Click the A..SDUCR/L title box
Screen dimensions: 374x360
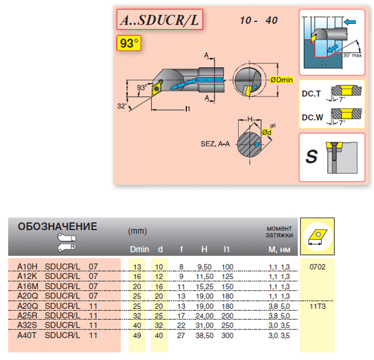click(160, 20)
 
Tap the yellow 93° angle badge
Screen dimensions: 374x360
click(129, 43)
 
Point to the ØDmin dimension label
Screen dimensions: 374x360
click(281, 80)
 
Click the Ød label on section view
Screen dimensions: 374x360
click(266, 132)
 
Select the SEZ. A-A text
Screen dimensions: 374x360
click(215, 144)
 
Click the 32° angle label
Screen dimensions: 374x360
click(122, 106)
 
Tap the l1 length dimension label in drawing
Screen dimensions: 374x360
click(188, 109)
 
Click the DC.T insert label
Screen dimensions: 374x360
click(311, 94)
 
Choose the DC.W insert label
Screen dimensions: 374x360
click(312, 117)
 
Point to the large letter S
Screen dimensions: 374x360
click(311, 156)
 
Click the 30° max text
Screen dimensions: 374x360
click(353, 55)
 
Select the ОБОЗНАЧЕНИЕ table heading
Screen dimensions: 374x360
click(58, 227)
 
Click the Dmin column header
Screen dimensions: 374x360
click(140, 250)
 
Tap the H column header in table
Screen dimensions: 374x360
click(204, 250)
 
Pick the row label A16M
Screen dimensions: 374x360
click(28, 286)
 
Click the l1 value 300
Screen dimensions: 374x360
click(227, 335)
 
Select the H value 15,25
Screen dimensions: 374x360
click(205, 286)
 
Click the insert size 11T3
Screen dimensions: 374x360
click(318, 307)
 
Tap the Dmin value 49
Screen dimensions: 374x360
click(137, 335)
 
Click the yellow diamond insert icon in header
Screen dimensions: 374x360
click(318, 236)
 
